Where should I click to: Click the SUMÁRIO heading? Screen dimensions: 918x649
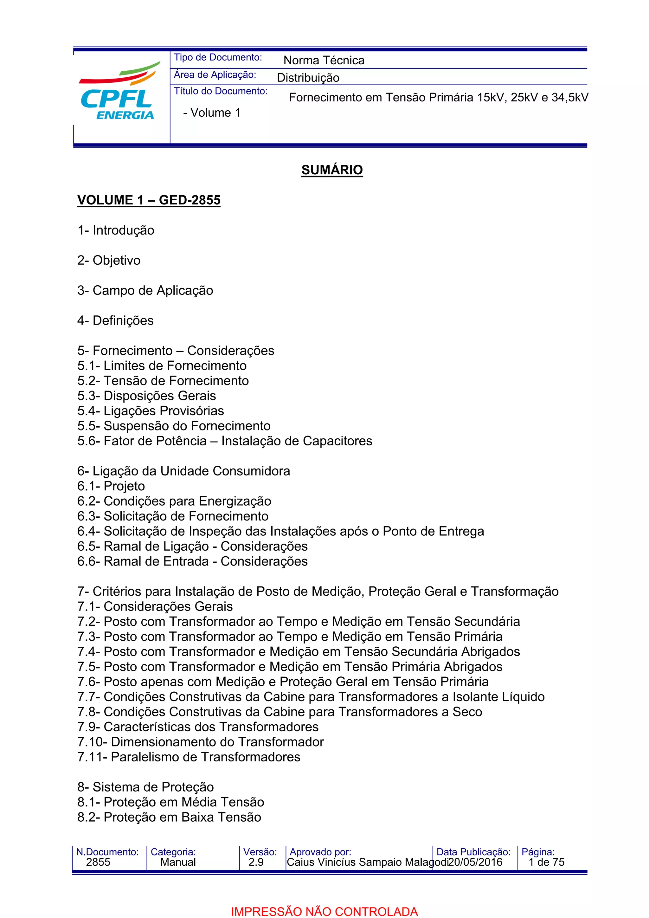pyautogui.click(x=332, y=170)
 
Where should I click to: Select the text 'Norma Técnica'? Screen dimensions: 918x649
pyautogui.click(x=324, y=60)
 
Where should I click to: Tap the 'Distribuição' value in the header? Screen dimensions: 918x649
pyautogui.click(x=308, y=78)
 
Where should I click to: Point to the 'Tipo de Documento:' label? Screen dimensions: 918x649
pyautogui.click(x=218, y=58)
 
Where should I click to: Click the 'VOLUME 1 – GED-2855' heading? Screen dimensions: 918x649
pyautogui.click(x=149, y=200)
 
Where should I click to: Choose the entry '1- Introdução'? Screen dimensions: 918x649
pyautogui.click(x=115, y=230)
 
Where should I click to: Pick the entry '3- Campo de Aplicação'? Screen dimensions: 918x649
pyautogui.click(x=145, y=290)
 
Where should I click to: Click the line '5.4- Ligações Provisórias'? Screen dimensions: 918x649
pyautogui.click(x=150, y=411)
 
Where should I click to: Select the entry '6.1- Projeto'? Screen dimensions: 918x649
pyautogui.click(x=111, y=486)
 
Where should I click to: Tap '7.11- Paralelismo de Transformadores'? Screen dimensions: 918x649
pyautogui.click(x=189, y=757)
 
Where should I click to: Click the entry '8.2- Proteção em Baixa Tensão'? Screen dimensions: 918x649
pyautogui.click(x=169, y=817)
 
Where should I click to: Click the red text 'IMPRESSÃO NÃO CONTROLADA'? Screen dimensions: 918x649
pyautogui.click(x=324, y=911)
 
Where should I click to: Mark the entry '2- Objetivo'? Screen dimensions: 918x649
pyautogui.click(x=109, y=260)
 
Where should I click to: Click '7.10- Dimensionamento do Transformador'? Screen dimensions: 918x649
pyautogui.click(x=200, y=742)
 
